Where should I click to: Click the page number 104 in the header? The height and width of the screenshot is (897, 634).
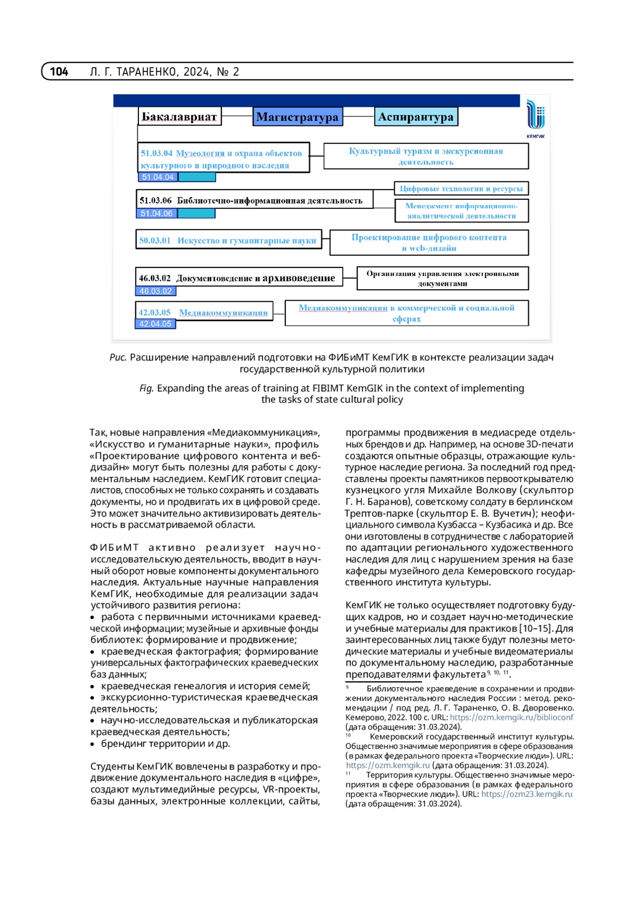tap(59, 71)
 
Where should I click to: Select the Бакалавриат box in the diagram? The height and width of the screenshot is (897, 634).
tap(179, 117)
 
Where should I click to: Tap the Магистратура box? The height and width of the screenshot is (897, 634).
tap(297, 117)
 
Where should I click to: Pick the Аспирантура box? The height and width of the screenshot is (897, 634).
tap(416, 117)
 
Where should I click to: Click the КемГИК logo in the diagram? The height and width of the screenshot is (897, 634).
tap(535, 119)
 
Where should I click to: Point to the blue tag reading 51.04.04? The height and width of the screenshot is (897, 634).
tap(157, 177)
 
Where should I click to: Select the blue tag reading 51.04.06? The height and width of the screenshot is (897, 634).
tap(156, 214)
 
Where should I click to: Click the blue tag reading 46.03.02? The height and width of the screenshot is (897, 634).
tap(155, 291)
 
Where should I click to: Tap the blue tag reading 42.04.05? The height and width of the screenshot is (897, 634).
tap(155, 324)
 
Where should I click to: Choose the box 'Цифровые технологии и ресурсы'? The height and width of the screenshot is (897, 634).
tap(461, 189)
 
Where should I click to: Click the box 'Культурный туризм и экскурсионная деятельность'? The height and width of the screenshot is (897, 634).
tap(426, 156)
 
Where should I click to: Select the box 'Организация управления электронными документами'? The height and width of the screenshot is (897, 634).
tap(443, 279)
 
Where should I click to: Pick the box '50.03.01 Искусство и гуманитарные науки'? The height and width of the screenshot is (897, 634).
tap(228, 241)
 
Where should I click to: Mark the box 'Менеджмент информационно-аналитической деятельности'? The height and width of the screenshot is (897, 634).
tap(461, 211)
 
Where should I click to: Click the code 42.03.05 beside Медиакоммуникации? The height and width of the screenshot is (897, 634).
tap(155, 312)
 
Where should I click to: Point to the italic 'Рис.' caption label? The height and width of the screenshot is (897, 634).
tap(118, 358)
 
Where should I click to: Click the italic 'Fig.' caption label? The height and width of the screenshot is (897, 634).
tap(146, 389)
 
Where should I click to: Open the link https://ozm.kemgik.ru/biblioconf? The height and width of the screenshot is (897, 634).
tap(511, 718)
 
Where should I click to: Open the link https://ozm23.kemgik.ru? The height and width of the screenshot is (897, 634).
tap(526, 794)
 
